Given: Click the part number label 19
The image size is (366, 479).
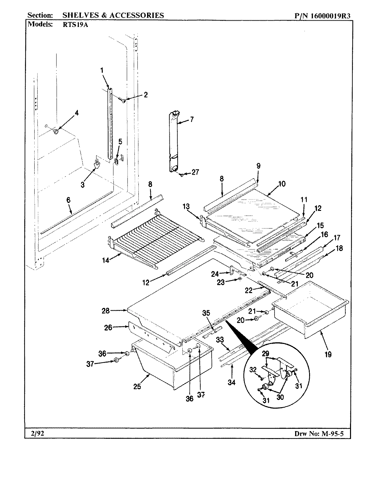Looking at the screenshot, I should [x=328, y=355].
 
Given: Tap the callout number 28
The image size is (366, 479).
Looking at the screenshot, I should [x=105, y=311].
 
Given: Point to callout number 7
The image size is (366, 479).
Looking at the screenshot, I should [x=192, y=119].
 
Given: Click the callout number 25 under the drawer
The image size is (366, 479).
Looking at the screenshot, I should [x=137, y=386].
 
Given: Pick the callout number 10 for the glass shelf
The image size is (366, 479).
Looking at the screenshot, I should [x=282, y=184].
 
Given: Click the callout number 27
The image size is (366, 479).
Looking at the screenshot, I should [x=195, y=172].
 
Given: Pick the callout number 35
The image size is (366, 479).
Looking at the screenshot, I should [x=206, y=313].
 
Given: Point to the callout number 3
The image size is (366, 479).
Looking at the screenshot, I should [x=83, y=185].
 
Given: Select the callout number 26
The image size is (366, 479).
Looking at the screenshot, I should [x=108, y=328].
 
